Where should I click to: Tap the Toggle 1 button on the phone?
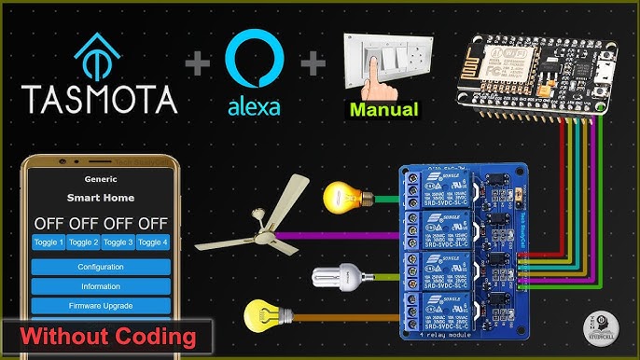[x=49, y=242]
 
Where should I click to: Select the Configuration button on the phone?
[x=101, y=267]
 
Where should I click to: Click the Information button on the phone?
[x=101, y=286]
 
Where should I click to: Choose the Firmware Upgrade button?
[x=101, y=306]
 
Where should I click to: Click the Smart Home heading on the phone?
[x=101, y=198]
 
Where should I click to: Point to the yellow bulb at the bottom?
[x=262, y=315]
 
